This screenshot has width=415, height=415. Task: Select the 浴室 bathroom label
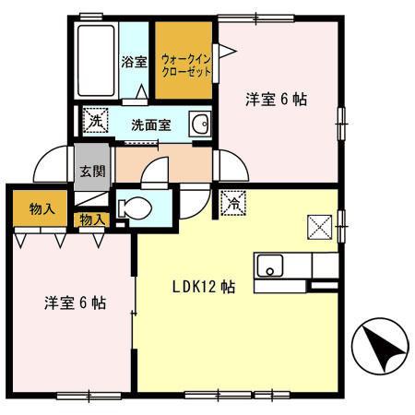[135, 63]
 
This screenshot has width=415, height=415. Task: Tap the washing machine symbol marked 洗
[95, 121]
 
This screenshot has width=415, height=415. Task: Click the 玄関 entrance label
[90, 171]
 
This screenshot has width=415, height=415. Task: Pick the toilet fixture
[136, 208]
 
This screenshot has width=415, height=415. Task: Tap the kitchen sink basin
[270, 267]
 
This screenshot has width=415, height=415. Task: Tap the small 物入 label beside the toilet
[91, 220]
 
